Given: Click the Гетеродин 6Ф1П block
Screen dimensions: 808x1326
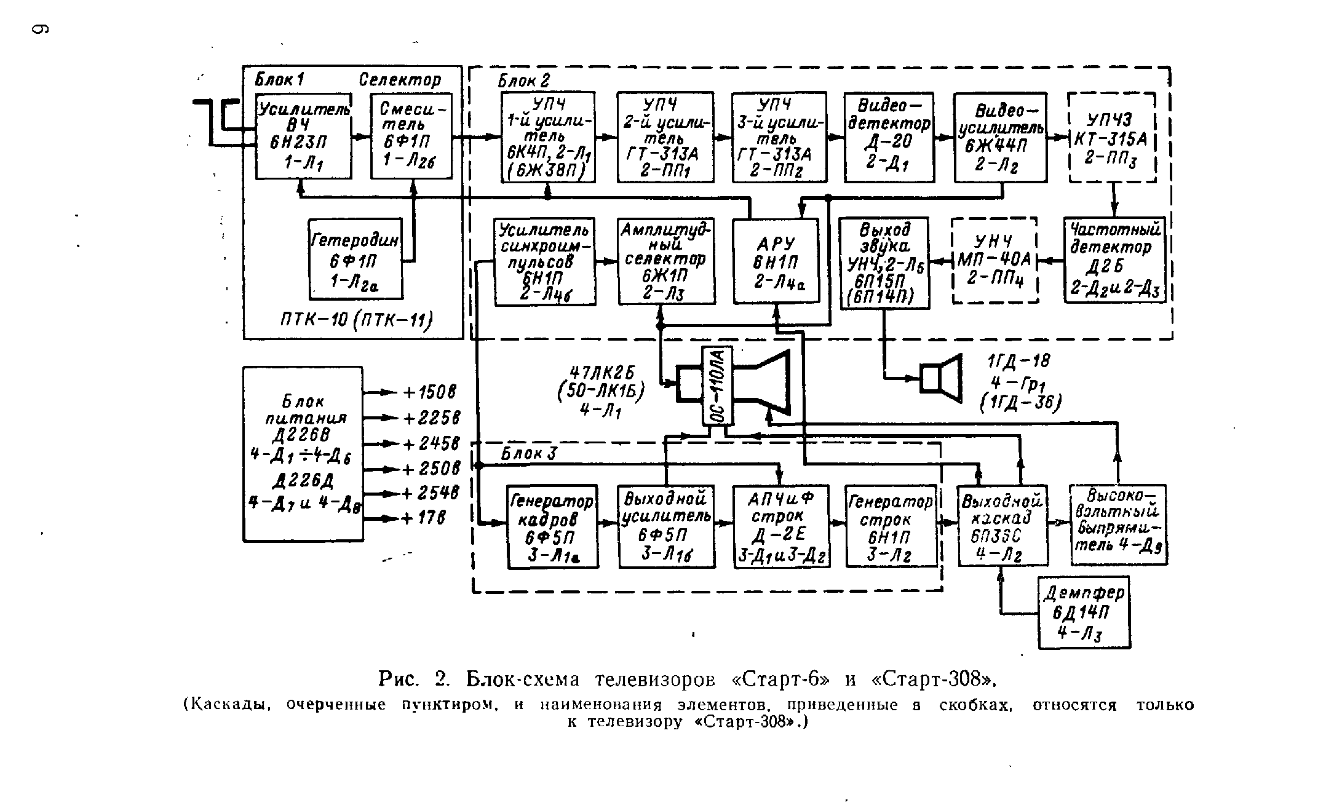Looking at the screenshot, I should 355,259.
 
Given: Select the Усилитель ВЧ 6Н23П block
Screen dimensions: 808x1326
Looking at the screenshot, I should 304,136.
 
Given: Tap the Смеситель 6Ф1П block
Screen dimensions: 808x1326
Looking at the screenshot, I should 411,136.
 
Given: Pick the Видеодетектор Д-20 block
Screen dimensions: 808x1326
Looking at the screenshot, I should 889,137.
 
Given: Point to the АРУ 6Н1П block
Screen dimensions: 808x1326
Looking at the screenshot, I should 777,261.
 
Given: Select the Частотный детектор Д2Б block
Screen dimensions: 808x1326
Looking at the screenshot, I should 1115,260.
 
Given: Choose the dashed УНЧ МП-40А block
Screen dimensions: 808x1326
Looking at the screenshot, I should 994,261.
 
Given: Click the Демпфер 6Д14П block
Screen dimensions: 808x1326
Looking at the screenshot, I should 1084,612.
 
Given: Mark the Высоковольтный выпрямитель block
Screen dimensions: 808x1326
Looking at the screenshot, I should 1118,525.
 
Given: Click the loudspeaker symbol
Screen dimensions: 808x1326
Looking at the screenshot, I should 940,378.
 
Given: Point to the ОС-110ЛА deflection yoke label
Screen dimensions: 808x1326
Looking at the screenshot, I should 718,386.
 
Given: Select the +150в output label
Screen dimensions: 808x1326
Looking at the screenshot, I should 429,392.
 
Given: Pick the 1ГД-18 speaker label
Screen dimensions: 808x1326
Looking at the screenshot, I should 1018,362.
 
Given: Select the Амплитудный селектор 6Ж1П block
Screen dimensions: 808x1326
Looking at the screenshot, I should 666,261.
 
